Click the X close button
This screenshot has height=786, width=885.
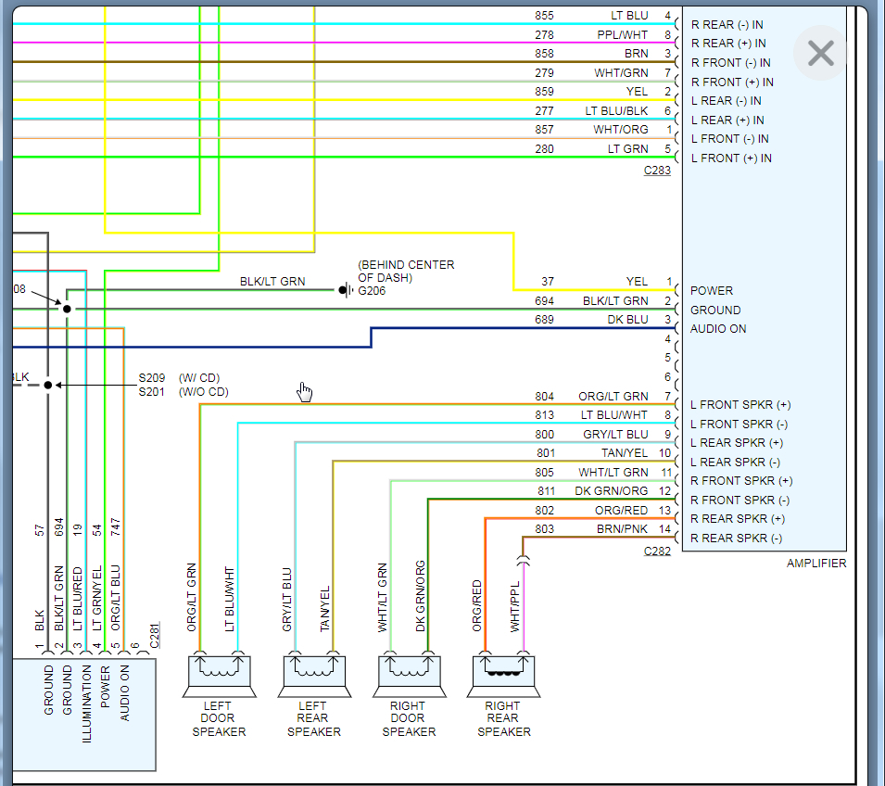pos(821,54)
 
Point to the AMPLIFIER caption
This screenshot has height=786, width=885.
pos(815,563)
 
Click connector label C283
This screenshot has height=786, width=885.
pos(657,171)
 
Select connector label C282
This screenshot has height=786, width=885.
pos(657,551)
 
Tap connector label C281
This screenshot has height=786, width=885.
pos(155,634)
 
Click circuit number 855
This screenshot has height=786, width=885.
pos(544,16)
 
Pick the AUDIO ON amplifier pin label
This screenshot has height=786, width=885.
pos(718,329)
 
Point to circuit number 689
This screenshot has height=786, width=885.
pos(544,320)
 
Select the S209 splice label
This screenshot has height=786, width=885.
pos(153,377)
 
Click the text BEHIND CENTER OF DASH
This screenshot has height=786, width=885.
pos(406,271)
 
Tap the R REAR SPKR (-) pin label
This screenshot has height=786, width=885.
pos(737,538)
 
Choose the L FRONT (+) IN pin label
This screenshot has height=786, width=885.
pos(731,158)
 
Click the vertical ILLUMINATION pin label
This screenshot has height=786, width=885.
pos(86,705)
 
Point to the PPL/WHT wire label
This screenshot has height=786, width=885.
pos(622,35)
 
